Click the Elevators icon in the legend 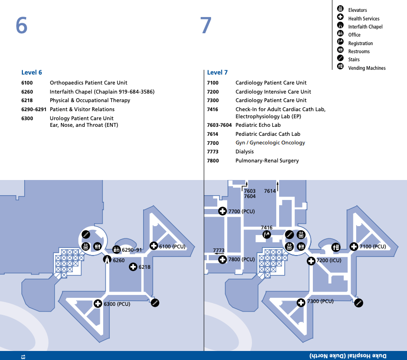point(340,9)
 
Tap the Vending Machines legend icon point(340,67)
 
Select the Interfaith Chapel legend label point(365,27)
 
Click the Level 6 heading point(32,73)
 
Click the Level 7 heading point(217,73)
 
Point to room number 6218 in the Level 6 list point(27,101)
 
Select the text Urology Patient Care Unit point(82,118)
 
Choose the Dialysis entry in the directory point(244,152)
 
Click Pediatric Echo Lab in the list point(258,125)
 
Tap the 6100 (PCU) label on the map point(172,246)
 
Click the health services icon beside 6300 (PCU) point(98,303)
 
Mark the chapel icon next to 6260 point(107,260)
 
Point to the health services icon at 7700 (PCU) point(222,211)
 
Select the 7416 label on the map point(267,228)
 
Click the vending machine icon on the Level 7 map point(336,246)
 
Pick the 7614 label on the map point(270,191)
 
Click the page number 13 point(22,356)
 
